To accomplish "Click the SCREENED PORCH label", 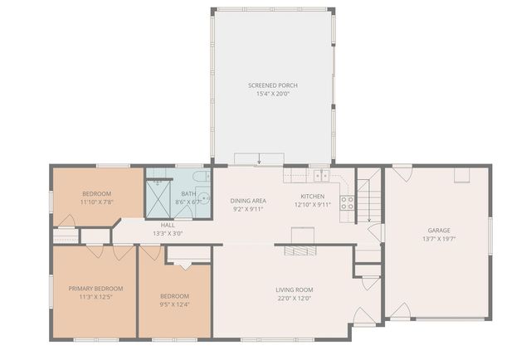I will point(272,85).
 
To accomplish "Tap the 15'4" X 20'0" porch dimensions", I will point(272,94).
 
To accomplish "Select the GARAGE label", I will point(438,231).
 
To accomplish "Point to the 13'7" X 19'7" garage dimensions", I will point(438,239).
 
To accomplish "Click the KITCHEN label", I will point(312,197).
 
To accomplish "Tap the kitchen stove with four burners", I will point(347,202).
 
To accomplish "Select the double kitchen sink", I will point(320,175).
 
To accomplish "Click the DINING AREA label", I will point(247,201).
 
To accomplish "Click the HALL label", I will point(168,225).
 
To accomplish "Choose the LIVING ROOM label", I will point(295,289).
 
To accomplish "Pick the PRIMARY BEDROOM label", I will point(95,288).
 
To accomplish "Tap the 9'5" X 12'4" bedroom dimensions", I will point(174,304).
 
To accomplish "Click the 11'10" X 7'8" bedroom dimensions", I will point(96,202).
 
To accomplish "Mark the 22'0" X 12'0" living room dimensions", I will point(295,298).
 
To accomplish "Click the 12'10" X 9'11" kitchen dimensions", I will point(312,205).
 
